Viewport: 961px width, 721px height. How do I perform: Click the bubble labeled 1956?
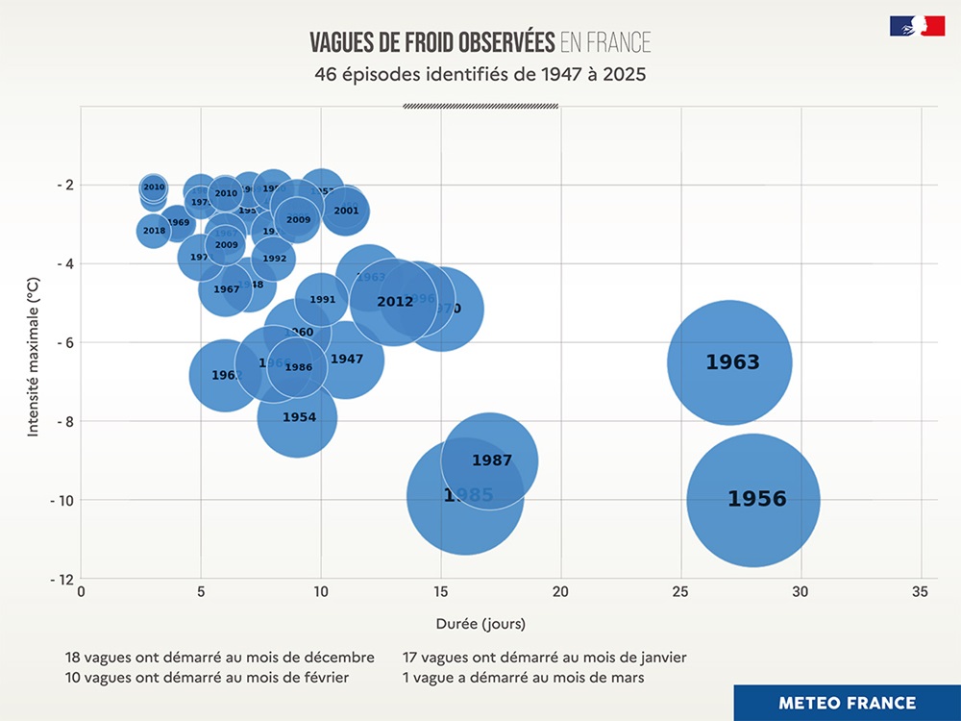(753, 500)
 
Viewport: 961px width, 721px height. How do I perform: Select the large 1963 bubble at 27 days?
(730, 362)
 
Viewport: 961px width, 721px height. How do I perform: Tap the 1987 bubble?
(491, 460)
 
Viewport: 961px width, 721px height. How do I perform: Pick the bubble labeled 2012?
(394, 302)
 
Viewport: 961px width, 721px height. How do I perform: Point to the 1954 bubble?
(298, 417)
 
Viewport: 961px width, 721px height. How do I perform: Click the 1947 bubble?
(346, 359)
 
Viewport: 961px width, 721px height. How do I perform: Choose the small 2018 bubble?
(154, 231)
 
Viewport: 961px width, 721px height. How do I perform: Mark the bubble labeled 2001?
(346, 211)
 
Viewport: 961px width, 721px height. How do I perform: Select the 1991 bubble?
(322, 300)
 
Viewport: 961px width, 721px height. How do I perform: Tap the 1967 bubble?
(225, 289)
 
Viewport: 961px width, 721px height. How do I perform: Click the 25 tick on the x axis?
(681, 593)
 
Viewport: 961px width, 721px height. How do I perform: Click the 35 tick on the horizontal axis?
(922, 593)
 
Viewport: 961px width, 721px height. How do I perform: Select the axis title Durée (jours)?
(480, 623)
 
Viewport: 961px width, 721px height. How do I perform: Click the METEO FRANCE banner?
(847, 703)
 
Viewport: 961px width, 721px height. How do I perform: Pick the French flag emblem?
(917, 26)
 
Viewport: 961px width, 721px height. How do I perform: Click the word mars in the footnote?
(627, 678)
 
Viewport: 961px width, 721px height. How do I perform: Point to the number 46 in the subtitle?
(326, 74)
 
